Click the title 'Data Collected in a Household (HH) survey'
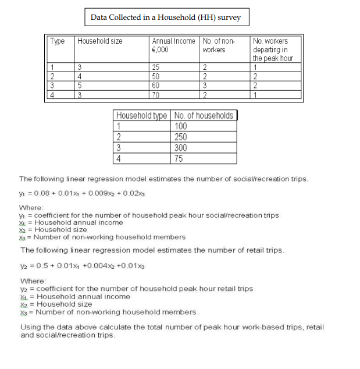point(166,17)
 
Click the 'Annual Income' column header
point(173,41)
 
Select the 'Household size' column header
point(99,41)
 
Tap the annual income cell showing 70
point(156,94)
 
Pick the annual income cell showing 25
point(156,68)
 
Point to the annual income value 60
point(156,86)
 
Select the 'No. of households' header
point(204,115)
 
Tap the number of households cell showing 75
point(180,158)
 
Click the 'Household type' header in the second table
point(142,115)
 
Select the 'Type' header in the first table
point(58,41)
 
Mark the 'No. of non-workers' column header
point(218,45)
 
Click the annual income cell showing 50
point(156,76)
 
